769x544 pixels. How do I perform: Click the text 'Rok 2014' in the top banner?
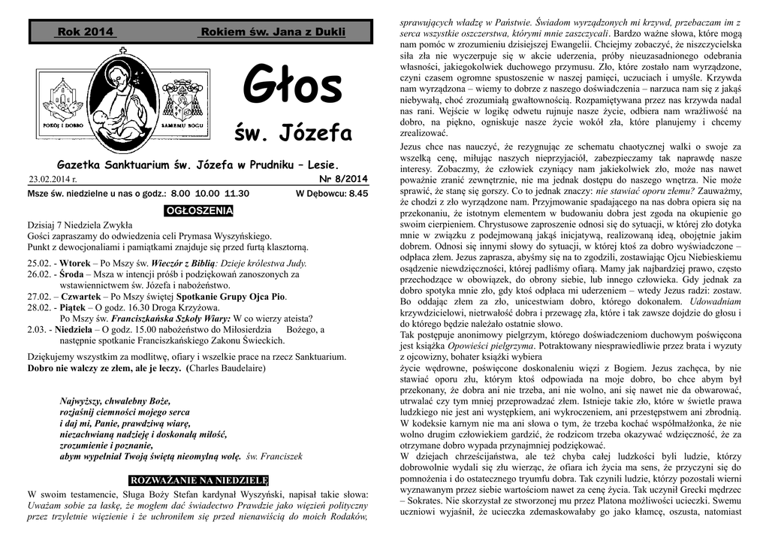point(86,32)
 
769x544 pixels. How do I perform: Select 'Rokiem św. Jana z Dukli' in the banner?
point(273,32)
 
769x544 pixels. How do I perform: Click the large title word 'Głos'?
point(293,86)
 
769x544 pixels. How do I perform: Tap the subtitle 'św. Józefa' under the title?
point(293,134)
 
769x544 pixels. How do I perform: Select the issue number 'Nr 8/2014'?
point(344,179)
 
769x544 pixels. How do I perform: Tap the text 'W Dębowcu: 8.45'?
point(332,193)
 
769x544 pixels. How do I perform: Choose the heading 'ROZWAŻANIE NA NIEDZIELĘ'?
point(199,479)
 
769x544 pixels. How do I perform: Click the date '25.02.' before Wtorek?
point(39,264)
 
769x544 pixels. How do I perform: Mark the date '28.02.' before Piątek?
point(39,307)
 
